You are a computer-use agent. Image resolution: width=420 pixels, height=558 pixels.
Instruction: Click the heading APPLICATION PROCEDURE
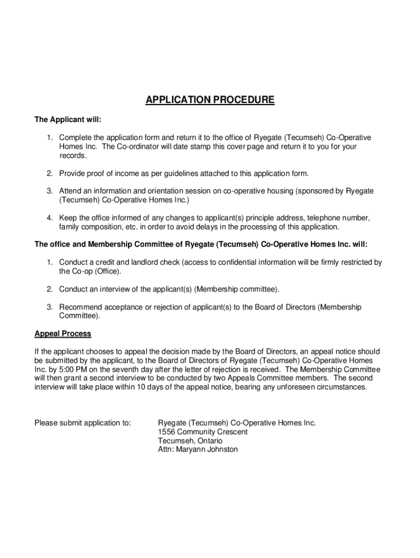(x=210, y=100)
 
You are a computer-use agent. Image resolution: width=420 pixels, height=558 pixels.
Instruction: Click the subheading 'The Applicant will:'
(x=68, y=119)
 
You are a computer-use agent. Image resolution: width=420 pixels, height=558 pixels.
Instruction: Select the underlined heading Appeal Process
(x=63, y=333)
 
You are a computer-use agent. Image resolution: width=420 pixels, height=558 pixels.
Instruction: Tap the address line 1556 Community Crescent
(x=202, y=432)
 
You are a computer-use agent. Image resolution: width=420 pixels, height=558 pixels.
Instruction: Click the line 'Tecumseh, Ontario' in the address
(x=190, y=441)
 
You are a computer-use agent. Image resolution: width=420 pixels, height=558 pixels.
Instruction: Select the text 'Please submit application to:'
(x=82, y=423)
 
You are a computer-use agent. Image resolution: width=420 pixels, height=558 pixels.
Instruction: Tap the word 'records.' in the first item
(x=73, y=155)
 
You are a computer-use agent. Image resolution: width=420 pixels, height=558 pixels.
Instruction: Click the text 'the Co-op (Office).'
(x=90, y=271)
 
